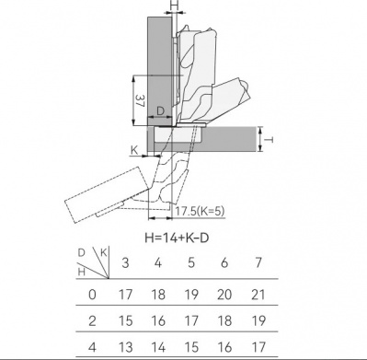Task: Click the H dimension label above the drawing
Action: click(x=175, y=6)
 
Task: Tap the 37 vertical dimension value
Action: click(x=140, y=100)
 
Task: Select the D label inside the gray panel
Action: click(x=161, y=111)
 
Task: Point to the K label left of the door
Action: click(x=134, y=150)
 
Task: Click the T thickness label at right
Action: click(x=269, y=140)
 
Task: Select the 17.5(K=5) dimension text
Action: click(x=200, y=211)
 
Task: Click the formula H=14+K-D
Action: click(x=177, y=238)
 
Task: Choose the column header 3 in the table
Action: click(x=125, y=263)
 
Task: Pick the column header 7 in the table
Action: click(x=258, y=262)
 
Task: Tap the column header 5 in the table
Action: click(x=191, y=263)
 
